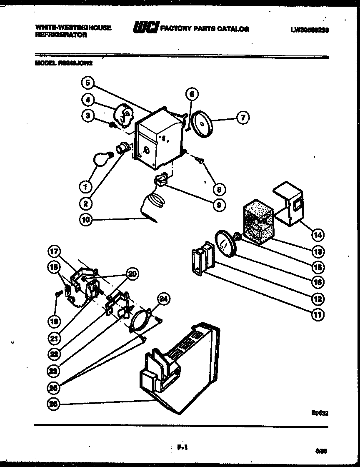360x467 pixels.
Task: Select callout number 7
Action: coord(243,118)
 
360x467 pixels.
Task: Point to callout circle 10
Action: coord(85,220)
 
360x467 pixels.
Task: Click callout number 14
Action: coord(317,235)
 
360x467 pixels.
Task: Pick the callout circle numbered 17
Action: coord(54,251)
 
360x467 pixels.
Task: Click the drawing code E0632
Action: coord(320,413)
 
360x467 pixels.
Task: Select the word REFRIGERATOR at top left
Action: coord(61,35)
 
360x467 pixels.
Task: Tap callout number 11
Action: coord(317,314)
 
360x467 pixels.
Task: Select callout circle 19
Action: coord(54,321)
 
